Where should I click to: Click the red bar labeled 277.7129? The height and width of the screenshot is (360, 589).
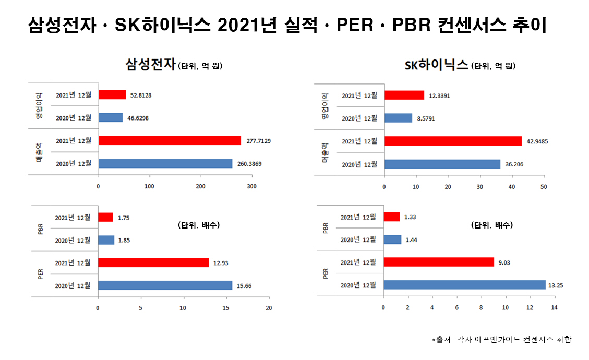pyautogui.click(x=170, y=140)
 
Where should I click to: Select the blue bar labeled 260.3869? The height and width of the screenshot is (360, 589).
pyautogui.click(x=165, y=163)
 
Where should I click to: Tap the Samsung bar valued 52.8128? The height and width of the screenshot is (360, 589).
pyautogui.click(x=112, y=95)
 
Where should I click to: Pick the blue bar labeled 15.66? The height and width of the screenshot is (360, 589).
pyautogui.click(x=165, y=285)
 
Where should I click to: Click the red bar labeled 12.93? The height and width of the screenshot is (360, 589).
pyautogui.click(x=153, y=262)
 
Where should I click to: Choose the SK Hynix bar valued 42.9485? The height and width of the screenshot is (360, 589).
pyautogui.click(x=453, y=141)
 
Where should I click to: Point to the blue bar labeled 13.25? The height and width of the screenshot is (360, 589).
pyautogui.click(x=464, y=285)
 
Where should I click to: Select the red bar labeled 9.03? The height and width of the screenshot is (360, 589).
pyautogui.click(x=439, y=262)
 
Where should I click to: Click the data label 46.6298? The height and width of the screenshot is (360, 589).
pyautogui.click(x=138, y=118)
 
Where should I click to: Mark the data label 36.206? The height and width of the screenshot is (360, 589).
pyautogui.click(x=515, y=164)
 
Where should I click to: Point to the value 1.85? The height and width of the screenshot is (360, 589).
pyautogui.click(x=124, y=241)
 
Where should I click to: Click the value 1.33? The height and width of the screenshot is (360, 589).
pyautogui.click(x=410, y=217)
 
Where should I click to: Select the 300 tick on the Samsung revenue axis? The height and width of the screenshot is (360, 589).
pyautogui.click(x=253, y=186)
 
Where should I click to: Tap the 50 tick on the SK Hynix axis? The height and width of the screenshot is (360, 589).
pyautogui.click(x=544, y=186)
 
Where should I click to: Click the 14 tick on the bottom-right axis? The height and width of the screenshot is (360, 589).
pyautogui.click(x=554, y=308)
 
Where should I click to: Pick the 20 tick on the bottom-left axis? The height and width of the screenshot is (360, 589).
pyautogui.click(x=269, y=308)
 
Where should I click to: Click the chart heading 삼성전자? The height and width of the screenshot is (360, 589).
pyautogui.click(x=150, y=65)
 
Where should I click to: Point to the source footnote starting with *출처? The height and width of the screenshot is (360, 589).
pyautogui.click(x=501, y=340)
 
